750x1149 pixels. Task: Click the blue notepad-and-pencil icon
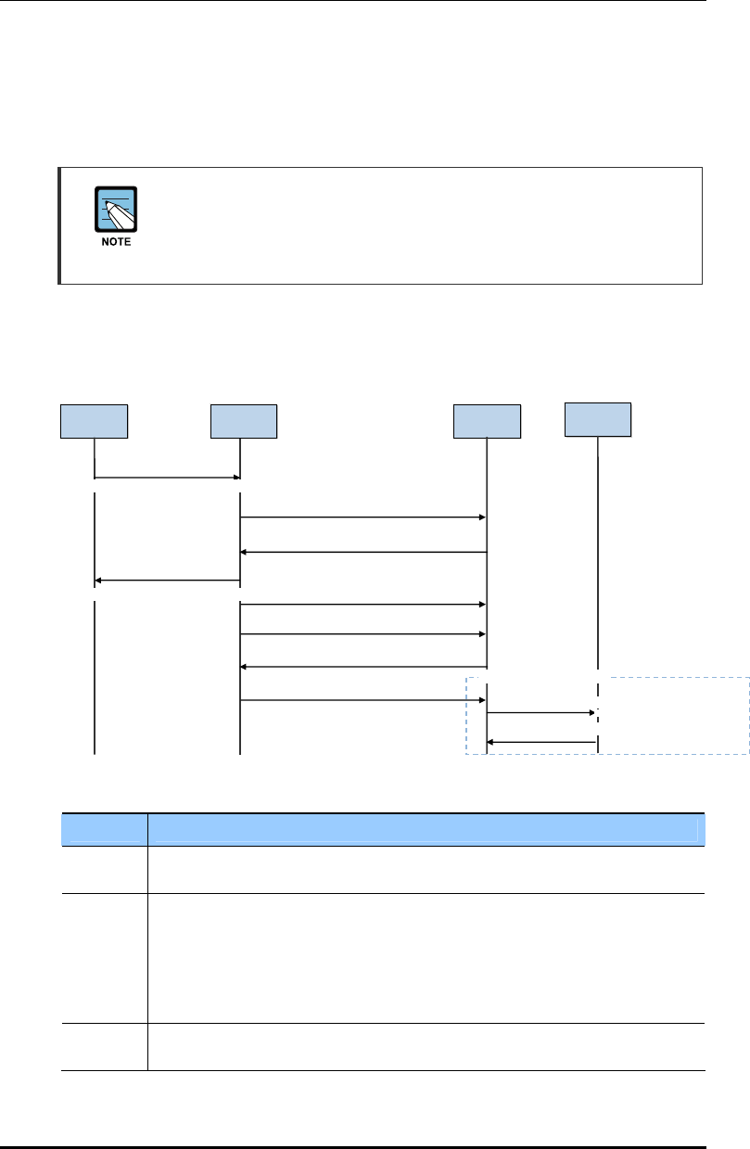click(116, 209)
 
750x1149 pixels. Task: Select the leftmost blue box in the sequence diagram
click(94, 421)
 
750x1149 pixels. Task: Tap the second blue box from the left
click(243, 421)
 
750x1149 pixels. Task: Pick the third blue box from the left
click(487, 421)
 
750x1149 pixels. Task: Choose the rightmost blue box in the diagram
click(598, 419)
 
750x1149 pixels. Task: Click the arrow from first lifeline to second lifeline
click(167, 478)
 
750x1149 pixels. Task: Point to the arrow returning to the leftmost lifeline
click(167, 581)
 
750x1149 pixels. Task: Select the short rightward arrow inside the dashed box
click(541, 713)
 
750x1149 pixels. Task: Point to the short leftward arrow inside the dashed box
click(541, 742)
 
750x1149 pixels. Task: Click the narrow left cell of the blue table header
click(104, 829)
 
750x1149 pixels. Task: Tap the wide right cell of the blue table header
click(423, 829)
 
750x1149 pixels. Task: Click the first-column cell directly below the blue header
click(104, 869)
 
